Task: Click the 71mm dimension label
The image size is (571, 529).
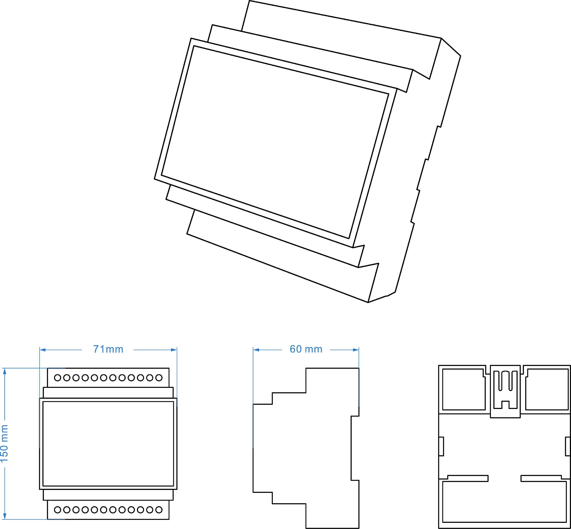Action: [108, 349]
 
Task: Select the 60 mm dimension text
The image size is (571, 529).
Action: [306, 349]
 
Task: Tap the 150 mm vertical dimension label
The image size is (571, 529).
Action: [4, 443]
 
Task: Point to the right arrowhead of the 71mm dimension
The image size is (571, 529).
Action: [174, 350]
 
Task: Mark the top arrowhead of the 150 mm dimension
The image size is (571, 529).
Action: [4, 371]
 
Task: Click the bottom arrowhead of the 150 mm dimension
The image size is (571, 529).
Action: [4, 516]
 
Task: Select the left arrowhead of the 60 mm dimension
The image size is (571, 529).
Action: [256, 350]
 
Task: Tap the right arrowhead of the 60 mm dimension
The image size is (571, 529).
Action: [356, 350]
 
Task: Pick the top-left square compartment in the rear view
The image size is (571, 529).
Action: [464, 389]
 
